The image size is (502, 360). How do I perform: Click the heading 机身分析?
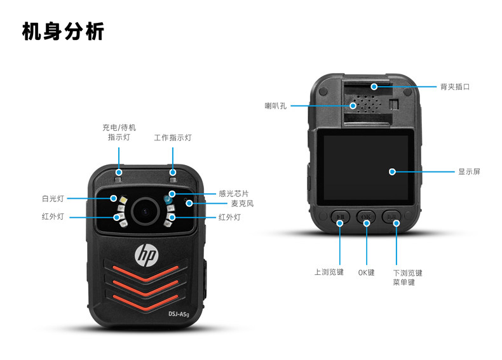(63, 31)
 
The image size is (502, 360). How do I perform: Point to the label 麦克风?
(242, 204)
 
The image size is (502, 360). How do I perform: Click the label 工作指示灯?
(173, 138)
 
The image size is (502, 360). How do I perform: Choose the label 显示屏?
(469, 171)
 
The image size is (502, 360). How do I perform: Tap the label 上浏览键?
(329, 272)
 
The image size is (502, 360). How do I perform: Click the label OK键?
(367, 272)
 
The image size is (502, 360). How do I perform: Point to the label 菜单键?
(404, 282)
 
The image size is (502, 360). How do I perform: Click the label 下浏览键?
(407, 272)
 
